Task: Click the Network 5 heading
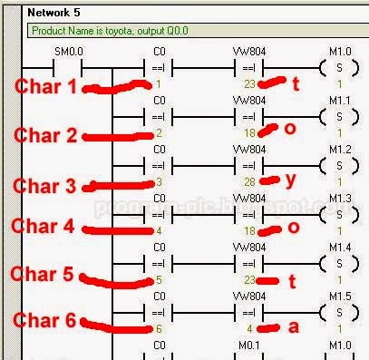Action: pos(55,13)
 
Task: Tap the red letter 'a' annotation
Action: pos(292,327)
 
